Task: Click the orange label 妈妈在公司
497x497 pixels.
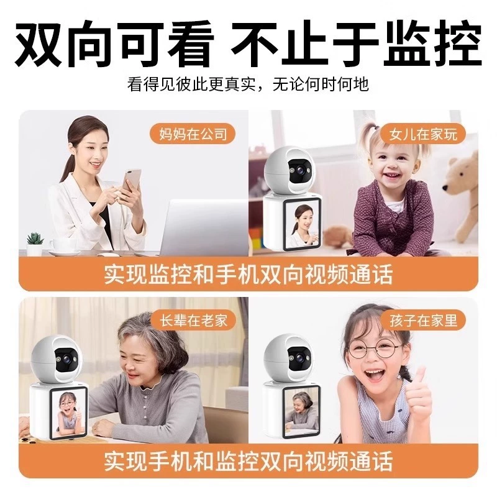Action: pyautogui.click(x=193, y=134)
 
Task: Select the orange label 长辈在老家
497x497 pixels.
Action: pyautogui.click(x=193, y=320)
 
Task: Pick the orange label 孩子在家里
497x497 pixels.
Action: pyautogui.click(x=424, y=320)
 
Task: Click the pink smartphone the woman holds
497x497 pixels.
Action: pyautogui.click(x=132, y=181)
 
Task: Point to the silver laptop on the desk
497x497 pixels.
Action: pyautogui.click(x=203, y=227)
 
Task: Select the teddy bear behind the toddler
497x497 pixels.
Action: pyautogui.click(x=460, y=196)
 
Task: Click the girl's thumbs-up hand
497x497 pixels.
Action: pyautogui.click(x=417, y=394)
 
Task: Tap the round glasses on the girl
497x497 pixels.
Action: pyautogui.click(x=373, y=349)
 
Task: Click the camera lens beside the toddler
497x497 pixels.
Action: pyautogui.click(x=299, y=171)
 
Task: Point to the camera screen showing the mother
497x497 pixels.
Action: pyautogui.click(x=302, y=225)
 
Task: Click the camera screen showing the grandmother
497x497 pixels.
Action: pyautogui.click(x=301, y=411)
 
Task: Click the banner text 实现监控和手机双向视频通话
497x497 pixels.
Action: pyautogui.click(x=248, y=274)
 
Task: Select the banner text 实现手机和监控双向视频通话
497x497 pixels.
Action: pyautogui.click(x=248, y=460)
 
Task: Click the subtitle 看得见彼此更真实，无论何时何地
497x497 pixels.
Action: pyautogui.click(x=248, y=84)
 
